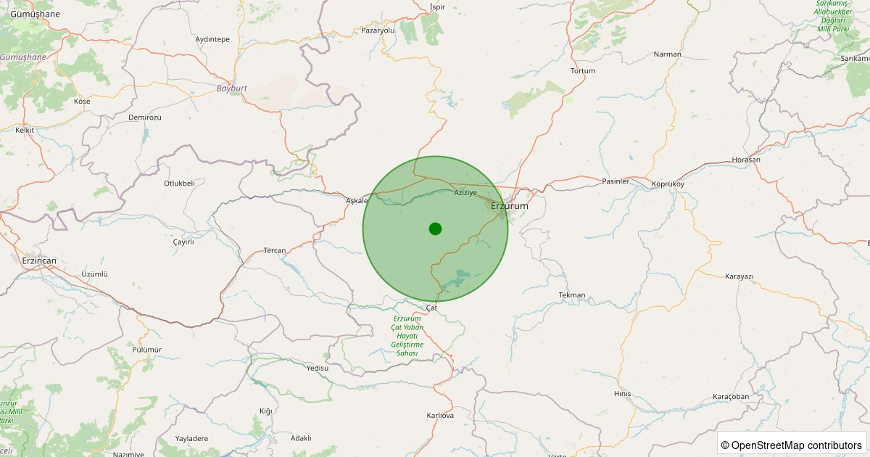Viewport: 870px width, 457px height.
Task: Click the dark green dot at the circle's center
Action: (435, 229)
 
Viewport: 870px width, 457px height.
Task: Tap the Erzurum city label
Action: (510, 206)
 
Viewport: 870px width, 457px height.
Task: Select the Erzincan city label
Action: (39, 260)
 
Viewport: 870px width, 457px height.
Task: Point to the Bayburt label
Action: (232, 88)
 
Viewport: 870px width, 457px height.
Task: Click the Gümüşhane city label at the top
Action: (36, 15)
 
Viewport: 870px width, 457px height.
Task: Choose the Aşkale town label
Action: (357, 200)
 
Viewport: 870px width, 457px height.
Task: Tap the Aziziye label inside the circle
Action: (465, 192)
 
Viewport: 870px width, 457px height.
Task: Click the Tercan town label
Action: (275, 250)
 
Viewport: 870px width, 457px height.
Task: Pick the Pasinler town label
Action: (616, 181)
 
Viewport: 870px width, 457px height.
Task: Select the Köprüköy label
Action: (668, 184)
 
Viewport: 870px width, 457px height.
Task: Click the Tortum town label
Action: (583, 71)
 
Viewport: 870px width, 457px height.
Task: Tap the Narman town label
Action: (668, 54)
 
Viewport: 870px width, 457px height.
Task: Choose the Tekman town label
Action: (572, 295)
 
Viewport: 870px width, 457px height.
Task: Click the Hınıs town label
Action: (622, 394)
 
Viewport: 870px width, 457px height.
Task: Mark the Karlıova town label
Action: (440, 416)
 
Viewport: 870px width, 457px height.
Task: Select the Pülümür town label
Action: (147, 349)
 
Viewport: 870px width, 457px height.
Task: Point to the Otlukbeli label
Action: (179, 184)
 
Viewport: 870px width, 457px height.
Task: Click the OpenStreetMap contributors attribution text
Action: (792, 445)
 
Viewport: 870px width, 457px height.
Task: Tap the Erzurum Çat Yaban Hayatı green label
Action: (407, 336)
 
